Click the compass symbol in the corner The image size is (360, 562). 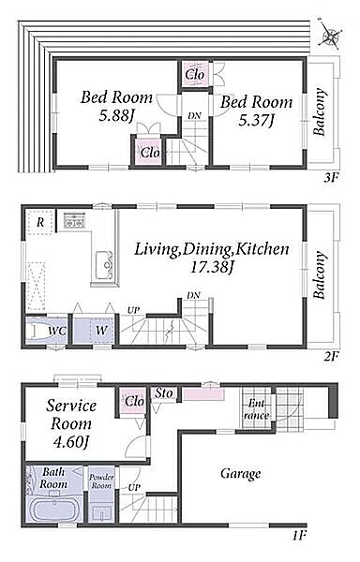[329, 35]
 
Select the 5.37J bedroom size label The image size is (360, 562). [256, 121]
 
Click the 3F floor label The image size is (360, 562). [331, 178]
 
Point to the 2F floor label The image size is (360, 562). [331, 356]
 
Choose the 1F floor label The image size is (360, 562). [298, 537]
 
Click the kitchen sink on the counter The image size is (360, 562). [104, 265]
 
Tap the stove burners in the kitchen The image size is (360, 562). [74, 220]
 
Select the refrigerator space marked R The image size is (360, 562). [40, 222]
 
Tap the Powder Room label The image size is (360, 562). [101, 481]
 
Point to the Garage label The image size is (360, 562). [240, 473]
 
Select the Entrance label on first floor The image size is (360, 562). [256, 409]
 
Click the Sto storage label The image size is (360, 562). [163, 393]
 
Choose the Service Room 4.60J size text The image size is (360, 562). [71, 442]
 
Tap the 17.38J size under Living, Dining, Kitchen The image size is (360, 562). [212, 267]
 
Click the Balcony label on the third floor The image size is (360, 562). [320, 111]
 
